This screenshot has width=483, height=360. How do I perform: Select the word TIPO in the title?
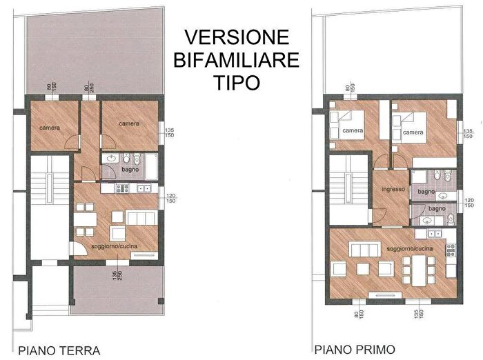point(236,83)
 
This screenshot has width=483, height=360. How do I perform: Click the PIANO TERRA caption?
point(60,350)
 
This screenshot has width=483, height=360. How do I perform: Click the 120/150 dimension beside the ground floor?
point(172,199)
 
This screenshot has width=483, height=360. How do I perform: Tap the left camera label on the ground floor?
point(49,128)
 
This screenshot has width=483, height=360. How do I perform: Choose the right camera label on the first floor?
point(413,132)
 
